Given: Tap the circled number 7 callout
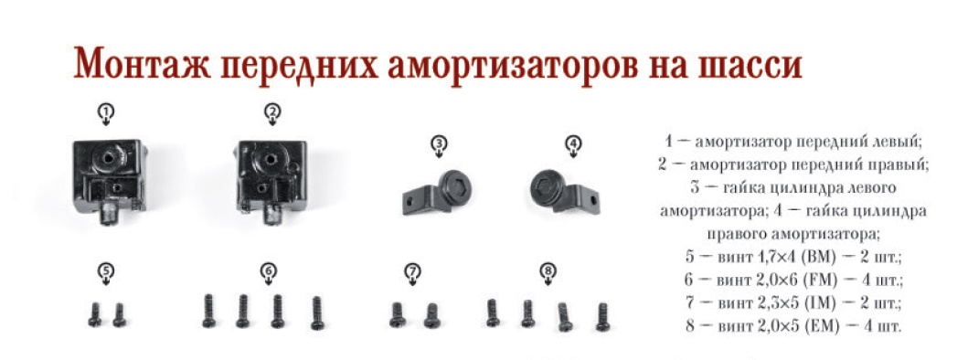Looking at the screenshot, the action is (412, 271).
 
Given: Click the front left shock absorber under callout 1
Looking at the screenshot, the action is (110, 180).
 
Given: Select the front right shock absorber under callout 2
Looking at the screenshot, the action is (271, 179).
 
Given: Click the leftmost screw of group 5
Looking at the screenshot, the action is (95, 314).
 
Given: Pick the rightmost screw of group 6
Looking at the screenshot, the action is (317, 312).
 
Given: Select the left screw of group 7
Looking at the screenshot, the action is (397, 314).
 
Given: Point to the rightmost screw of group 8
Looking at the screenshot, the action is (601, 316).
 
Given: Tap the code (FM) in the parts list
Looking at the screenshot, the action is (820, 280).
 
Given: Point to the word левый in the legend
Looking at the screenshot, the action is (896, 142).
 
